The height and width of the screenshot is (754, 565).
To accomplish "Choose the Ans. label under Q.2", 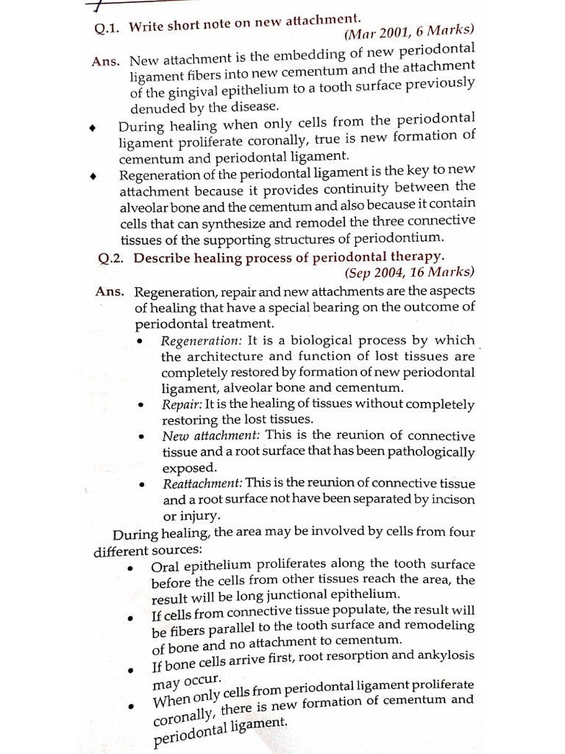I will coord(110,292).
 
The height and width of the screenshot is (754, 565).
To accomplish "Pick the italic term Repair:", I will coord(181,404).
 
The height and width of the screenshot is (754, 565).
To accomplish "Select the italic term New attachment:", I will coord(208,436).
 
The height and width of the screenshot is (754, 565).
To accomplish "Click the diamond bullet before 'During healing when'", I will coord(92,127).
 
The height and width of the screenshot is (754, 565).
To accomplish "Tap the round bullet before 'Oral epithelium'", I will coord(130,568).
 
